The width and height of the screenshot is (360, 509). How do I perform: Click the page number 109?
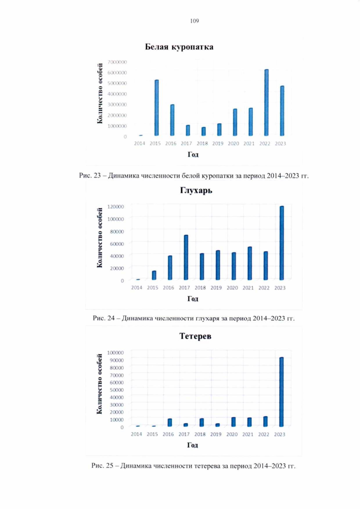[x=194, y=21]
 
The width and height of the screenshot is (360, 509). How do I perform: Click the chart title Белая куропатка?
[x=179, y=47]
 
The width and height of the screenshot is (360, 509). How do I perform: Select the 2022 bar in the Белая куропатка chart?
[x=266, y=103]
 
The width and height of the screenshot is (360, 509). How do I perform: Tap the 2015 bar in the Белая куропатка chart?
[x=157, y=108]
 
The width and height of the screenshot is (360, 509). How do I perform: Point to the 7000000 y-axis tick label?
[x=118, y=62]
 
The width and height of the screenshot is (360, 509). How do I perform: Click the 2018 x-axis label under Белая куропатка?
[x=202, y=144]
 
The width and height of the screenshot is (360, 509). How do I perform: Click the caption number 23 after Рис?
[x=97, y=176]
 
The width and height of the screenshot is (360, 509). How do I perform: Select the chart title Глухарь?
[x=196, y=190]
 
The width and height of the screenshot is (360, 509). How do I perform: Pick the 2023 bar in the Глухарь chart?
[x=281, y=243]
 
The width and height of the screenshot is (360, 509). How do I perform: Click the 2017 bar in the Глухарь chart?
[x=186, y=257]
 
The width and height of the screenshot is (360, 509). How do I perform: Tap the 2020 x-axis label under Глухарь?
[x=232, y=288]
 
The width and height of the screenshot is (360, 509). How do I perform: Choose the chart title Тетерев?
[x=195, y=336]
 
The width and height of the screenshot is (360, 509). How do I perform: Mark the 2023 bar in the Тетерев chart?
[x=281, y=392]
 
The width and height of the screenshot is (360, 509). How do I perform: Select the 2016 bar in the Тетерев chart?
[x=170, y=423]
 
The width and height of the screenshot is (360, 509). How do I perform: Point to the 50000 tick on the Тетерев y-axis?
[x=117, y=390]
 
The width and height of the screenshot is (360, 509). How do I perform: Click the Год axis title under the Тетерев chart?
[x=193, y=445]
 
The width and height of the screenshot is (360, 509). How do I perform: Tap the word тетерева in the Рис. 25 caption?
[x=207, y=466]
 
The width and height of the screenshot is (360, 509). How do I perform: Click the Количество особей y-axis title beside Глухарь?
[x=100, y=238]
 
